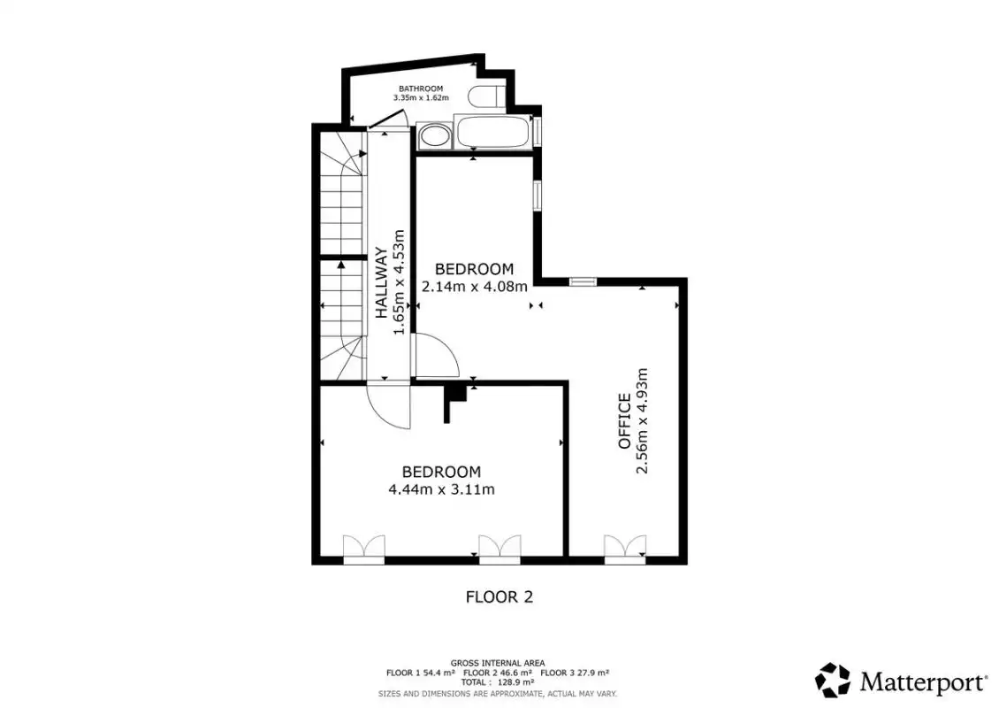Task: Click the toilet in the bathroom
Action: coord(486,96)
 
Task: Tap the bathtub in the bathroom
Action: coord(492,131)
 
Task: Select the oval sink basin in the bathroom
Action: coord(434,136)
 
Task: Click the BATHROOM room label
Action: coord(421,88)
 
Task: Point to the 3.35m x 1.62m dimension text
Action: coord(421,98)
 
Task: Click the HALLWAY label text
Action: coord(381,282)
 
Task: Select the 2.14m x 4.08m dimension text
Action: coord(475,287)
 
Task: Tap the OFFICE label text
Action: coord(624,421)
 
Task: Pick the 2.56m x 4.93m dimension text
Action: coord(642,421)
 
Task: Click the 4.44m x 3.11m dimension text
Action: coord(441,490)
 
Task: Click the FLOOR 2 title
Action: coord(499,597)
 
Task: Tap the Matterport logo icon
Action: coord(833,680)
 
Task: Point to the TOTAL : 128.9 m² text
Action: coord(498,682)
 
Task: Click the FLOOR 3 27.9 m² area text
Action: coord(575,673)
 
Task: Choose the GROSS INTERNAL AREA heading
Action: coord(498,664)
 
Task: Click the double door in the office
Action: coord(625,550)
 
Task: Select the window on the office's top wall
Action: coord(583,281)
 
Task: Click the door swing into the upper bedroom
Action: coord(437,356)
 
